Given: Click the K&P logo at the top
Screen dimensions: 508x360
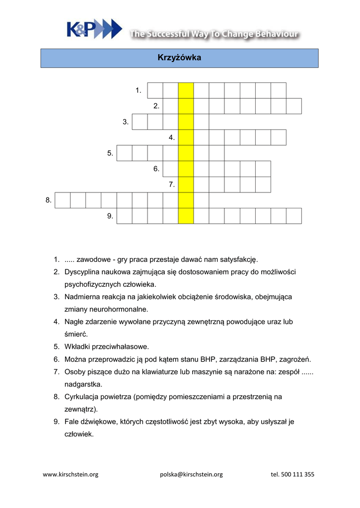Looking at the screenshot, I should click(x=94, y=29).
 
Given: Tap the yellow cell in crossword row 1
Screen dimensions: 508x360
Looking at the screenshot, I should click(x=186, y=91).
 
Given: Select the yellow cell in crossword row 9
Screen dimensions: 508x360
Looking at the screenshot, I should click(x=186, y=216).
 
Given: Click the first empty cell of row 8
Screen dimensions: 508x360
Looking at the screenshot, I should click(x=63, y=200).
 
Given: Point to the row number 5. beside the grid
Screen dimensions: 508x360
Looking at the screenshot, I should click(x=110, y=153).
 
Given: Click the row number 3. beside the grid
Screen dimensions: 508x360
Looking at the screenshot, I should click(x=126, y=122).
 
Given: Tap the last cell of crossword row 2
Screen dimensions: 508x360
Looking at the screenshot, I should click(x=294, y=106).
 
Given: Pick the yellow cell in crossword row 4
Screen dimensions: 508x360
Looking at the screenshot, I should click(x=186, y=137).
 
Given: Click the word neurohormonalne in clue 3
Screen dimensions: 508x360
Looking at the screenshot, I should click(x=122, y=310).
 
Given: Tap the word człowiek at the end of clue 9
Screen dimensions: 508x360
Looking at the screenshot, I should click(x=79, y=435).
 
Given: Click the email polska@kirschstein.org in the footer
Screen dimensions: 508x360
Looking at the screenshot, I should click(x=191, y=474).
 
